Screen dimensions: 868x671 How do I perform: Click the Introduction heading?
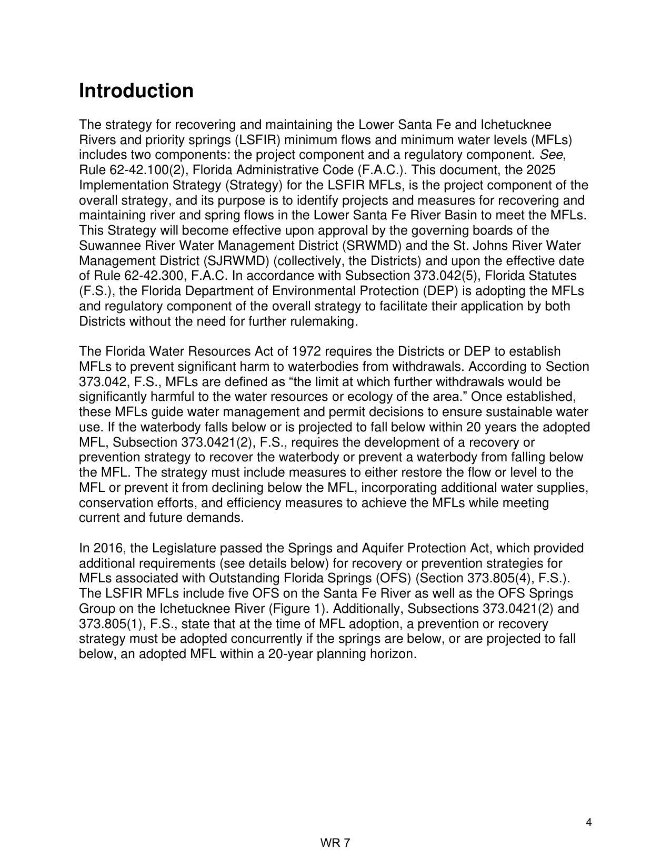point(136,91)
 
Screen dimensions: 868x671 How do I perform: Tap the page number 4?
point(589,823)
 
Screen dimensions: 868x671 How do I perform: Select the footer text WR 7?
point(335,843)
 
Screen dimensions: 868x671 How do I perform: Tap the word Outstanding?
point(245,579)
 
